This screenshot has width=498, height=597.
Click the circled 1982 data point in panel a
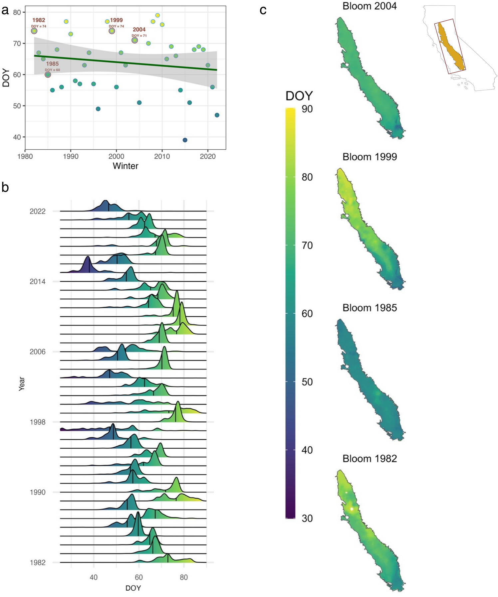pyautogui.click(x=34, y=31)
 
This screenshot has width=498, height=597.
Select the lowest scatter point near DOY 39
pyautogui.click(x=185, y=140)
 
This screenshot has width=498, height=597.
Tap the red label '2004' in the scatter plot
pyautogui.click(x=139, y=30)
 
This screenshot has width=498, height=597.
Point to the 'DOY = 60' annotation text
pyautogui.click(x=52, y=70)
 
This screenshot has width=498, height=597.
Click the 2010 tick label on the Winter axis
pyautogui.click(x=162, y=156)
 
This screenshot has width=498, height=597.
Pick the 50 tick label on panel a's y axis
pyautogui.click(x=17, y=106)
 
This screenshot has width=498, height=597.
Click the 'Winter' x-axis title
pyautogui.click(x=125, y=166)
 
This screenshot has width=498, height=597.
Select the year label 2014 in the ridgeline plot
pyautogui.click(x=37, y=282)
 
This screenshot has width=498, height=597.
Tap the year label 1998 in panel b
pyautogui.click(x=37, y=422)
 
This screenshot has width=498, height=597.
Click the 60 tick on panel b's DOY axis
pyautogui.click(x=138, y=577)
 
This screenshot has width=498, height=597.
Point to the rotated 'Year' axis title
pyautogui.click(x=22, y=383)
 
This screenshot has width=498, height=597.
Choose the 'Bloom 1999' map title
pyautogui.click(x=370, y=157)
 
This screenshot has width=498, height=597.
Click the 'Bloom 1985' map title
pyautogui.click(x=370, y=308)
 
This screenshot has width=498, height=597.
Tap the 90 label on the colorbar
pyautogui.click(x=307, y=109)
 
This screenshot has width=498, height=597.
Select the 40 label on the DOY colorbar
pyautogui.click(x=307, y=450)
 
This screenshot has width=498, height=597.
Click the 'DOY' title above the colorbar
pyautogui.click(x=299, y=96)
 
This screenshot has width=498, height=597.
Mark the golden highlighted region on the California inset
pyautogui.click(x=450, y=47)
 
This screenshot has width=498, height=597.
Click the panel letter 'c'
pyautogui.click(x=263, y=10)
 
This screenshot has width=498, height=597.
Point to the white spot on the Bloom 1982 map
pyautogui.click(x=352, y=509)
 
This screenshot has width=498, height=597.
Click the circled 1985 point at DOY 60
pyautogui.click(x=48, y=75)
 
